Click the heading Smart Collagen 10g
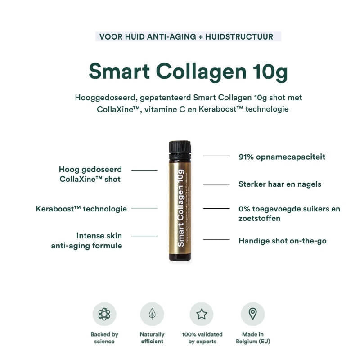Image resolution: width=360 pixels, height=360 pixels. click(188, 71)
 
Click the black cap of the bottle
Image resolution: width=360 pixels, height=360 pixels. click(180, 146)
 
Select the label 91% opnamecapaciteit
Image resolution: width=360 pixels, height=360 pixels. click(282, 157)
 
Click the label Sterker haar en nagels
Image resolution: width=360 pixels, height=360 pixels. click(279, 184)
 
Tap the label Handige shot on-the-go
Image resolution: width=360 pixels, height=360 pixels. click(282, 241)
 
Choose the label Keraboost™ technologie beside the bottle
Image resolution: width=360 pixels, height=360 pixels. click(81, 209)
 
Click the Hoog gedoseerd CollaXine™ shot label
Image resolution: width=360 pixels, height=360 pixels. click(90, 174)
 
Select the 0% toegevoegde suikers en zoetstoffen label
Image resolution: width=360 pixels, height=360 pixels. click(289, 213)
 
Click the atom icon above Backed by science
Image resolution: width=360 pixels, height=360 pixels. click(104, 314)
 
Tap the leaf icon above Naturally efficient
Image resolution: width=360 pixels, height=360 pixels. click(152, 314)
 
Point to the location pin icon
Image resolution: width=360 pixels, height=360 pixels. click(252, 314)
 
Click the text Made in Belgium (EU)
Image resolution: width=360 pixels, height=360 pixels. click(252, 337)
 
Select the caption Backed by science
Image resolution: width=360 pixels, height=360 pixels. click(104, 337)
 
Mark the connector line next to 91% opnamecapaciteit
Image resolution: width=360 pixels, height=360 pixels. click(216, 156)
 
